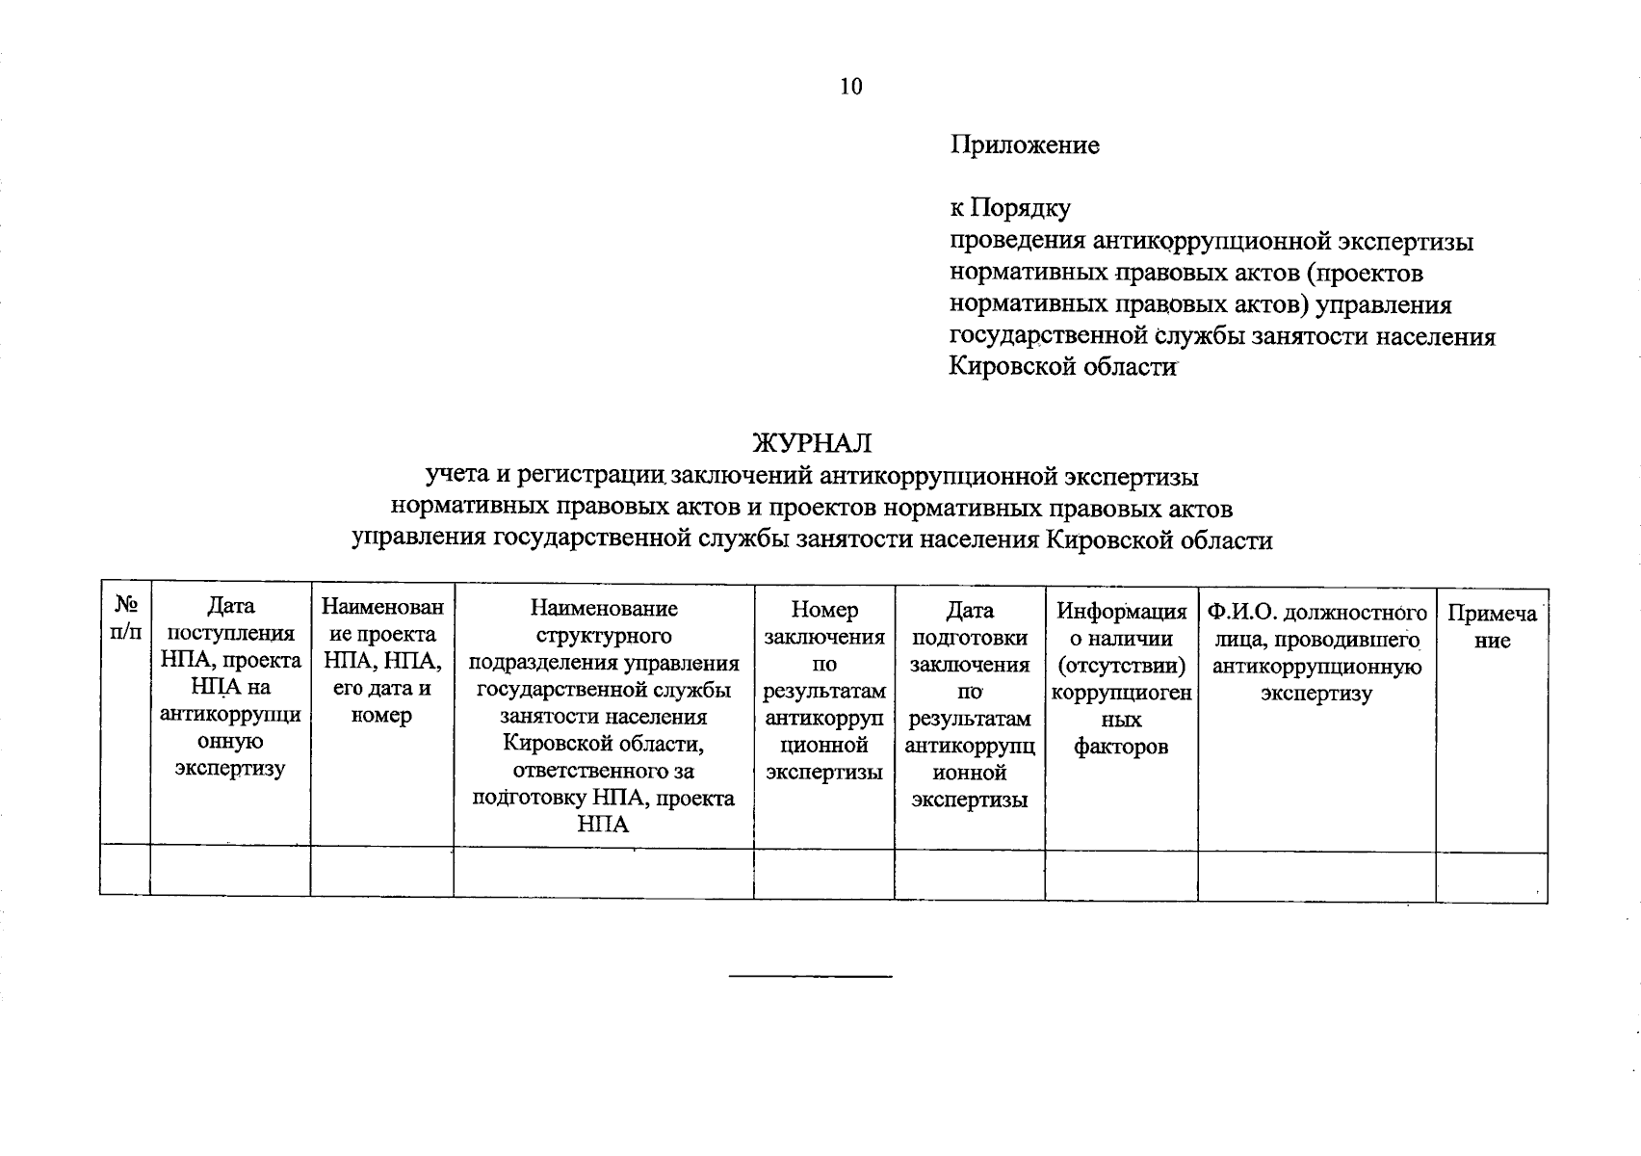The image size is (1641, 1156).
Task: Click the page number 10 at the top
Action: (851, 87)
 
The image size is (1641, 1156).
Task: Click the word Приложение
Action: (1025, 145)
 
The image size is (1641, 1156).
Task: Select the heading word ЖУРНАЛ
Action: (812, 443)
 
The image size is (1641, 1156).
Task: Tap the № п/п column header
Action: (125, 617)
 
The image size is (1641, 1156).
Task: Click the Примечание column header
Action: (1492, 627)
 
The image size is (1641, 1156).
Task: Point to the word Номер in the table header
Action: (824, 610)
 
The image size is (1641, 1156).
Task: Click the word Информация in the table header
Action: (1122, 611)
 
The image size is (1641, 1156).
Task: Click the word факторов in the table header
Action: (1121, 747)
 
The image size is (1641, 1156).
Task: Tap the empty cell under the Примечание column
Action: (1492, 876)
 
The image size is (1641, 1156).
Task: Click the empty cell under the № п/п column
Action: (125, 872)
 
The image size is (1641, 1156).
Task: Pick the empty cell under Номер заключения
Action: (824, 874)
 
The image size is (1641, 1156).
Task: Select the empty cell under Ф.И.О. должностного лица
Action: (1316, 875)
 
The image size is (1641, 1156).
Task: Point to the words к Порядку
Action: (1010, 208)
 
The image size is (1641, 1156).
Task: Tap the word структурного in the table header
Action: (604, 636)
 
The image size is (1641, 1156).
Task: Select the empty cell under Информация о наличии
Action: (1122, 875)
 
